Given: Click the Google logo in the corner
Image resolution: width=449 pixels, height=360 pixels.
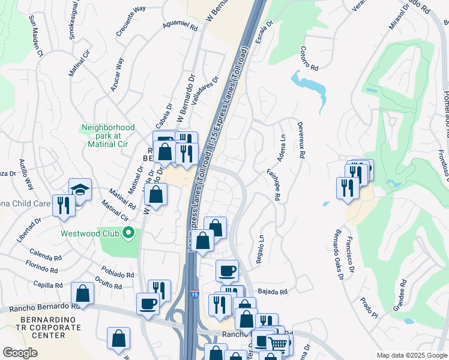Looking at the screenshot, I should pos(20,353).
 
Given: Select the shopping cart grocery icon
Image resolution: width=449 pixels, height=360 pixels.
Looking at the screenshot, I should pos(277,343).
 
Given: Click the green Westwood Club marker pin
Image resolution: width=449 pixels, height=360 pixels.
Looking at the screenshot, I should pos(127,233).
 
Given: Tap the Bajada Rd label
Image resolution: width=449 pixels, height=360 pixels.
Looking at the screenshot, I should pos(273,292).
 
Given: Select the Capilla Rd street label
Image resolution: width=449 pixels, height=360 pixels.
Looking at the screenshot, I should pos(49,285).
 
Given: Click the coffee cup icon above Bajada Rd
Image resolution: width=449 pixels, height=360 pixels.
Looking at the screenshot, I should pos(227,271).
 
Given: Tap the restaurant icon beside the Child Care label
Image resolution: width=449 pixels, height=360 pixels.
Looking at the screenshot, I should pos(63,205).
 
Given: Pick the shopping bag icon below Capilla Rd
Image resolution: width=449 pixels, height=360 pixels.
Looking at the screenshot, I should pos(82,293).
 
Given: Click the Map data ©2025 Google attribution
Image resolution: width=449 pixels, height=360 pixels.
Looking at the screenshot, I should pos(412,355).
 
